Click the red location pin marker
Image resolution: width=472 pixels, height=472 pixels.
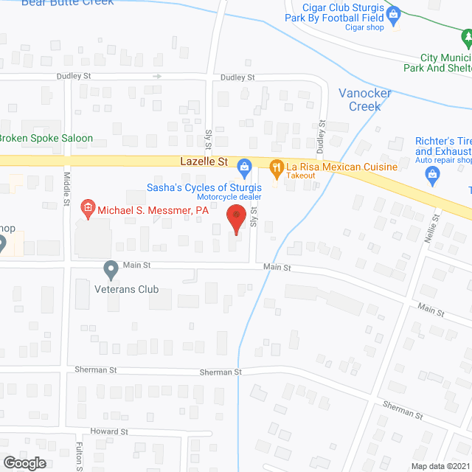click(236, 218)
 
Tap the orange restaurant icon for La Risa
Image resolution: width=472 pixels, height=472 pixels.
click(277, 167)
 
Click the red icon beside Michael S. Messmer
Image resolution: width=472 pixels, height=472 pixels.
click(87, 210)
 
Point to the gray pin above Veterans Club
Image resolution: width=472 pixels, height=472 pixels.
click(111, 270)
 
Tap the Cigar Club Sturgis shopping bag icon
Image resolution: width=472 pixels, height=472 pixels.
click(394, 13)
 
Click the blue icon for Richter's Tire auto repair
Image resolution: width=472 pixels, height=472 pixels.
click(432, 174)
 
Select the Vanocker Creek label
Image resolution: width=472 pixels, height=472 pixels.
click(359, 100)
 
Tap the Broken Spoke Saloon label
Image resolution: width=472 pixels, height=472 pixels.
click(46, 138)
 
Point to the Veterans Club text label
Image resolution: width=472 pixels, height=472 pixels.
click(128, 289)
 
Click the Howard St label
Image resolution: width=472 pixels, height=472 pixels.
click(109, 431)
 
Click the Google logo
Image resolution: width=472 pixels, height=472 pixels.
click(24, 462)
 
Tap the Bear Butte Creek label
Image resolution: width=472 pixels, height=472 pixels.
click(68, 3)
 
